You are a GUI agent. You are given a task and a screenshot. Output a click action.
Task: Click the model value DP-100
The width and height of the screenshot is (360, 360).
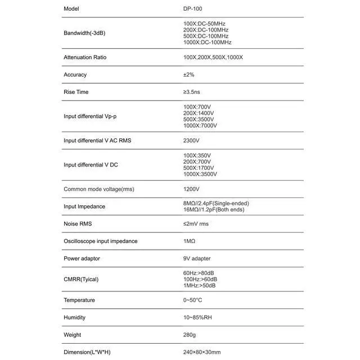tap(192, 9)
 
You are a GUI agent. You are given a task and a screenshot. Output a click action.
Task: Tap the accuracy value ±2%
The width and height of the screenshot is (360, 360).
tap(189, 75)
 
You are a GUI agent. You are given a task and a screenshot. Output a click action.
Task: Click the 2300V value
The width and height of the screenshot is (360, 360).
tap(191, 140)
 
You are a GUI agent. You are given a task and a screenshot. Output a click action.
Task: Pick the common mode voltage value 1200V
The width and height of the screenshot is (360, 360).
tap(191, 189)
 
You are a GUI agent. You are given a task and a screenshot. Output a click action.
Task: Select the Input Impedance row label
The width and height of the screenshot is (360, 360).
tap(84, 206)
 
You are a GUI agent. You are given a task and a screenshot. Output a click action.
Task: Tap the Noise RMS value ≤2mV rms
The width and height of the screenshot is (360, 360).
tap(196, 224)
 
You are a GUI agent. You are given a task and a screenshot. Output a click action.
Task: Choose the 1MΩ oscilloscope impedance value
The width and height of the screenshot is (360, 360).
tap(189, 241)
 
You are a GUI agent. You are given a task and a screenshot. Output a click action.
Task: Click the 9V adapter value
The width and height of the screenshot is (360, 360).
tap(197, 259)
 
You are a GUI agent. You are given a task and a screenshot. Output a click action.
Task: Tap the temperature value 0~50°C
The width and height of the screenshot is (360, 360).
tap(192, 300)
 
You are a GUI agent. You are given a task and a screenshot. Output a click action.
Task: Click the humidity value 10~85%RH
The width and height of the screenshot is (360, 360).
tap(196, 317)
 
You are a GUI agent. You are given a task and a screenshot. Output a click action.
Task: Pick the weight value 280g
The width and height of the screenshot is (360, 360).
tap(190, 335)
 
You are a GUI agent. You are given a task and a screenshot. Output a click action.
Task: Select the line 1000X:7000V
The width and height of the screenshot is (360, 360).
tap(200, 125)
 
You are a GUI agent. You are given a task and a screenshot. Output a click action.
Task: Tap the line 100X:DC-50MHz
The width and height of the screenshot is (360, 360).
tap(204, 24)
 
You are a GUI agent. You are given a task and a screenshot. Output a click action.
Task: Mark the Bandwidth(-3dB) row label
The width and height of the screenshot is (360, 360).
tap(84, 33)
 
